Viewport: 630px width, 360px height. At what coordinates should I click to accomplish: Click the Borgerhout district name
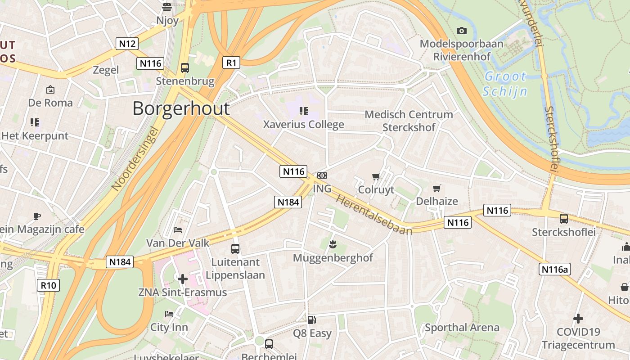tap(181, 108)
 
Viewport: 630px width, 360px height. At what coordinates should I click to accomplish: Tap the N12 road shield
tap(127, 44)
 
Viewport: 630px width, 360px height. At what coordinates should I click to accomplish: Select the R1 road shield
tap(231, 63)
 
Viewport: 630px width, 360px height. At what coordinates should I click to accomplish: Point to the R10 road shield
tap(48, 285)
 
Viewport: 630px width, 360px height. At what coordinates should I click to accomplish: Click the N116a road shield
tap(554, 269)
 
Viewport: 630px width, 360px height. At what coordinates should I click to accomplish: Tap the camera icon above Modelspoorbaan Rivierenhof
tap(461, 31)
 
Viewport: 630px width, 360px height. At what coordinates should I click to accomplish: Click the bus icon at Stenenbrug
tap(184, 68)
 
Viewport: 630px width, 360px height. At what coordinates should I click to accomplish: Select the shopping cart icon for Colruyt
tap(376, 176)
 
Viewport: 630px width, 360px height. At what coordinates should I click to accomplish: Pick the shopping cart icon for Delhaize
tap(436, 188)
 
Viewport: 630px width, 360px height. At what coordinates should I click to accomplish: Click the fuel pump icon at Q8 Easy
tap(311, 320)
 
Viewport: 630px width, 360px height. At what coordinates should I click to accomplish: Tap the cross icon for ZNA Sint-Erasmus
tap(182, 279)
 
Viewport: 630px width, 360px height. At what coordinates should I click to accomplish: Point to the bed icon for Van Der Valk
tap(178, 230)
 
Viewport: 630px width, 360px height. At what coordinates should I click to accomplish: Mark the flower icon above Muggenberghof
tap(333, 244)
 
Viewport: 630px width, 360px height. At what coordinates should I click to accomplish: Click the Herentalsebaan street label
tap(374, 215)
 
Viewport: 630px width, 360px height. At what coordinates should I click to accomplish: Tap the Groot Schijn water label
tap(505, 84)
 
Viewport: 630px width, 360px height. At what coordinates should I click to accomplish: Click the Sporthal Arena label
tap(462, 328)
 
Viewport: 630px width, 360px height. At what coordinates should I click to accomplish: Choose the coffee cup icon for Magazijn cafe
tap(37, 216)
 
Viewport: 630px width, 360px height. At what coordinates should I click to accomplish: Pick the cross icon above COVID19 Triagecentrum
tap(578, 319)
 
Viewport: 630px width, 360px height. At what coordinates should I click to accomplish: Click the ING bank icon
tap(322, 175)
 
